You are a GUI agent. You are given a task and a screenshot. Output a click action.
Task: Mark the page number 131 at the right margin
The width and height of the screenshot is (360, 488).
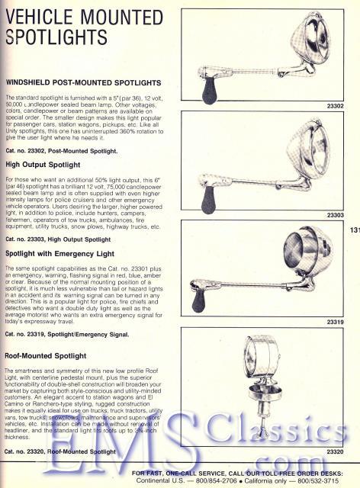coord(354,227)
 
